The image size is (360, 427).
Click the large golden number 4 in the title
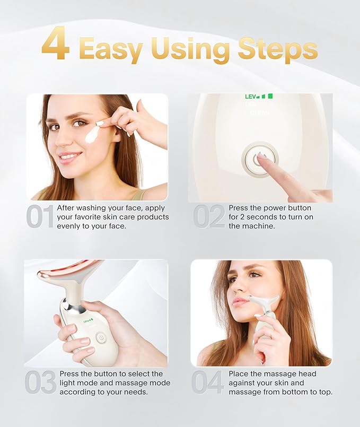55,45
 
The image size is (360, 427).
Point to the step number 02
209,217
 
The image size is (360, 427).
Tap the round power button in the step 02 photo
259,158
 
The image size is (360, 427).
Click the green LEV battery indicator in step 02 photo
258,97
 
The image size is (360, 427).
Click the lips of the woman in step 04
241,301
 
